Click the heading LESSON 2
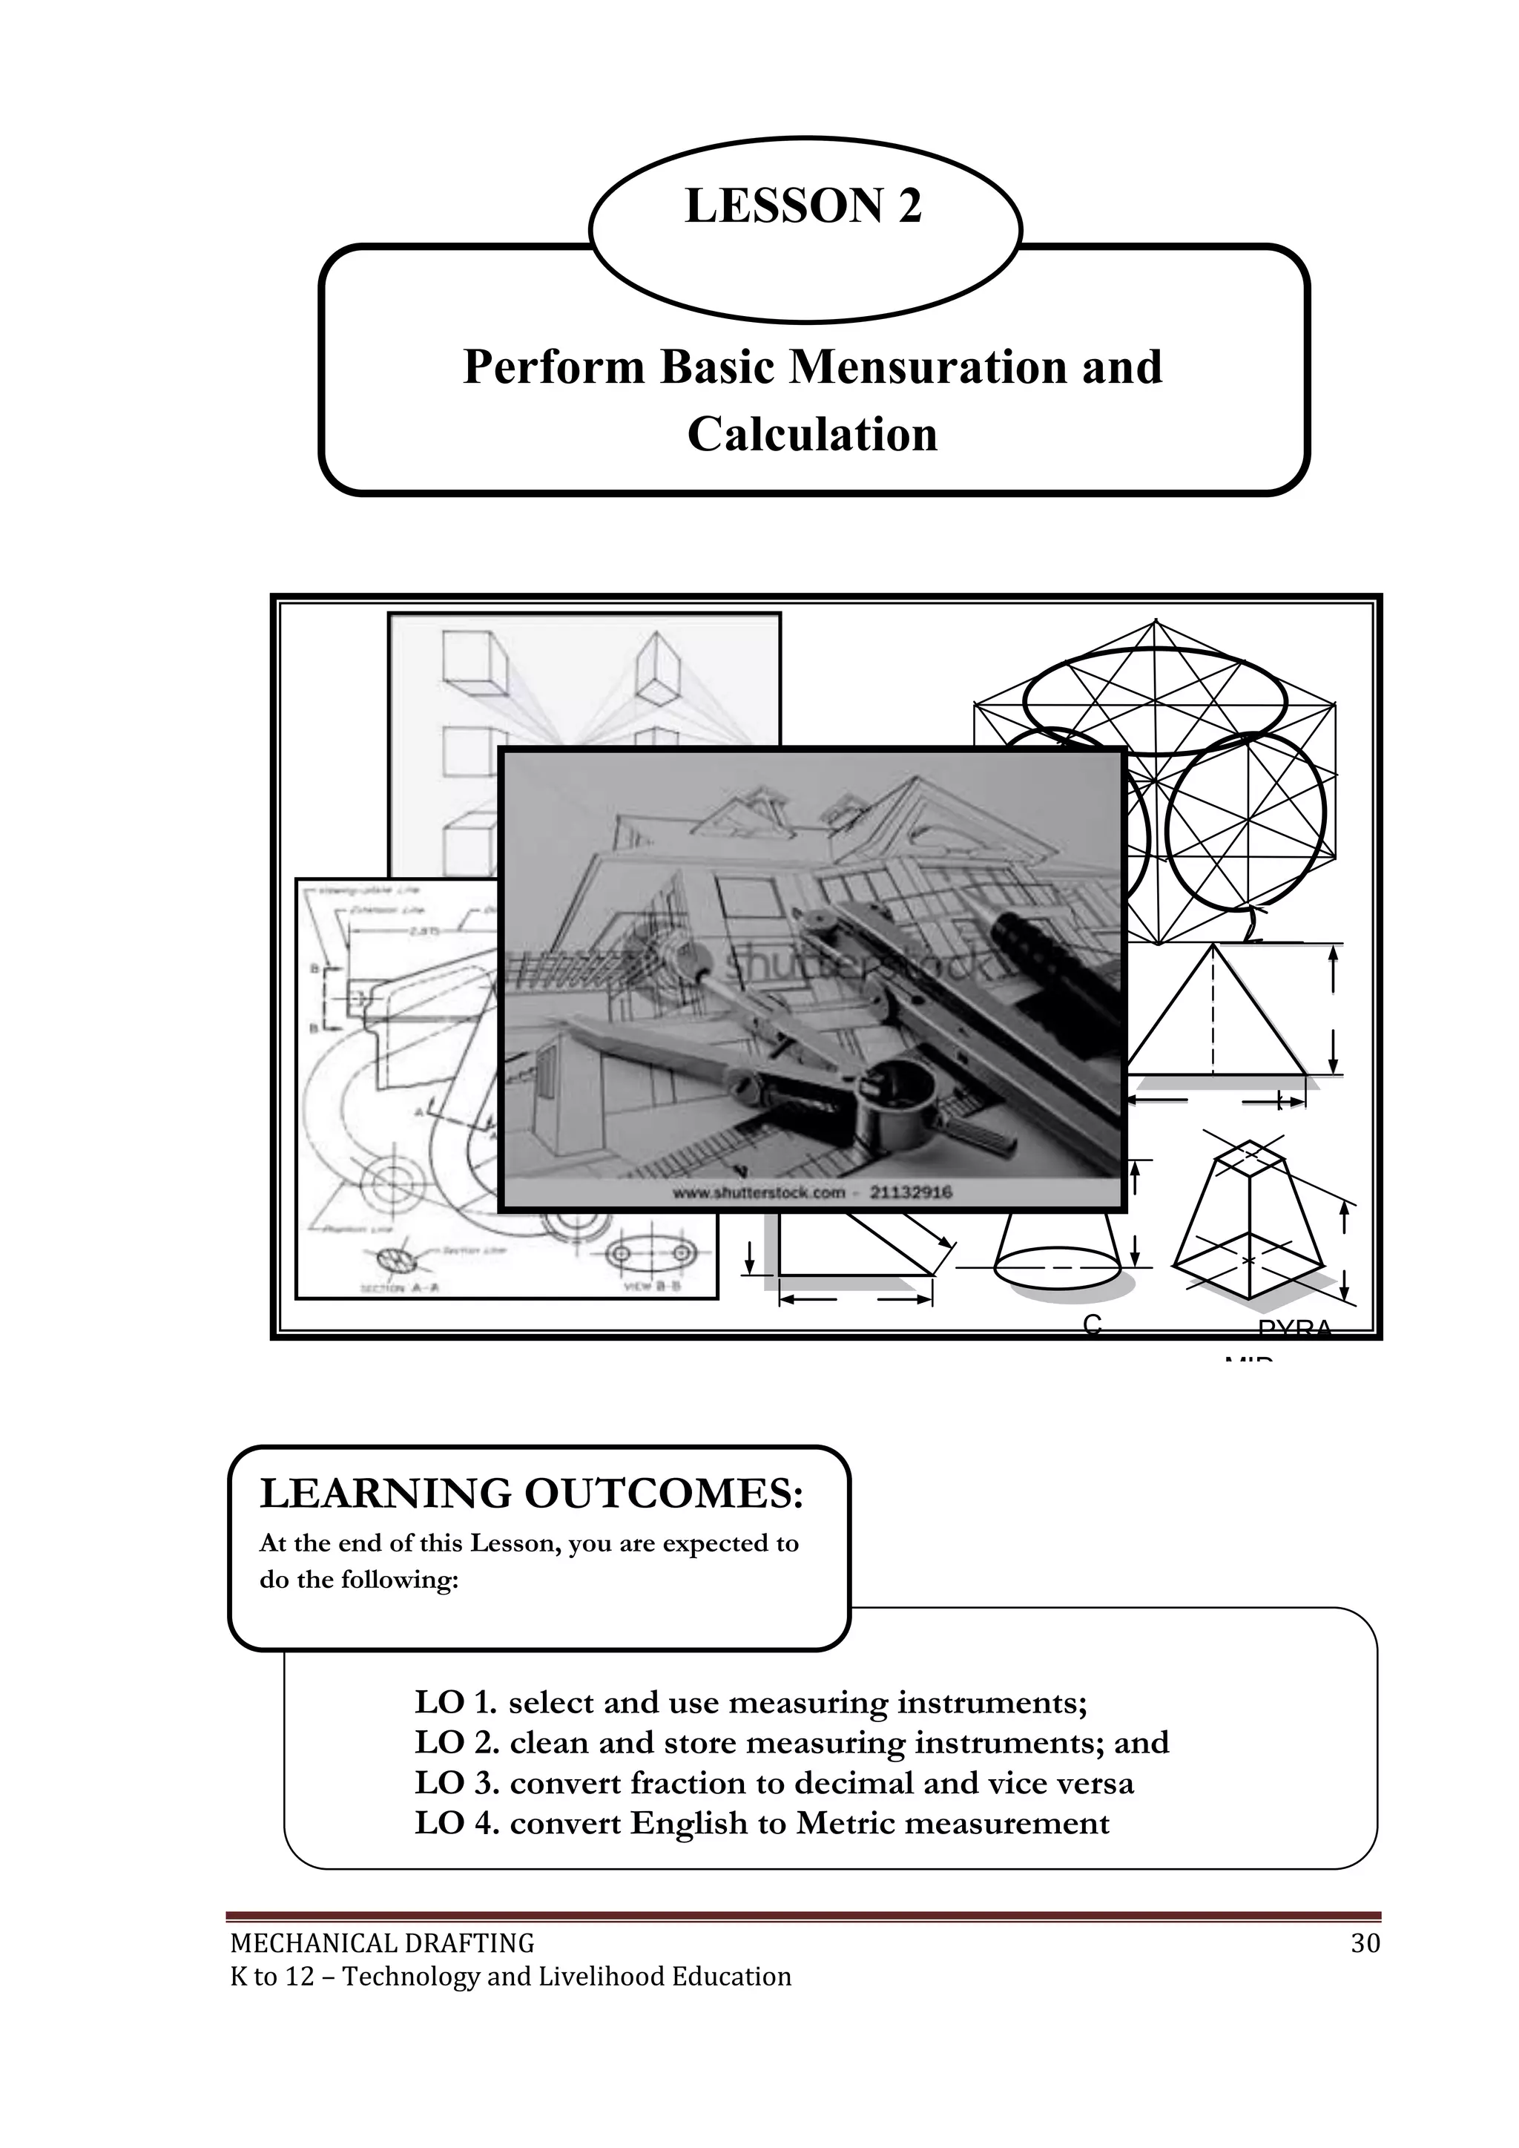803,207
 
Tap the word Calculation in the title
812,435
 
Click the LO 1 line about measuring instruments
750,1702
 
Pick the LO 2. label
456,1742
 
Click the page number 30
1365,1944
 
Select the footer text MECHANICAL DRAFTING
382,1944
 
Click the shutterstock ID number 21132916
911,1193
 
